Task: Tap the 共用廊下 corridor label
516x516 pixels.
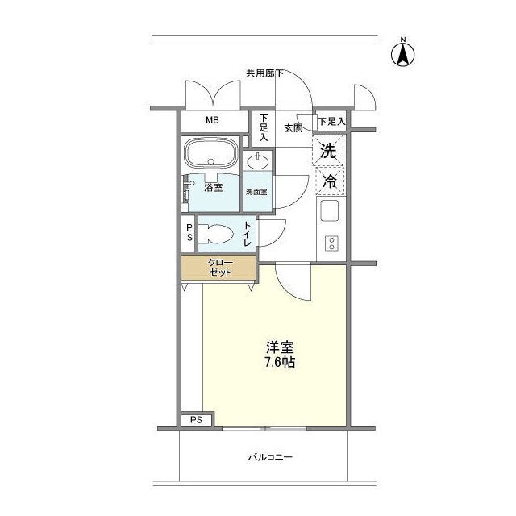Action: click(x=264, y=73)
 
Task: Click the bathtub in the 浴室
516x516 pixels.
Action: click(x=210, y=152)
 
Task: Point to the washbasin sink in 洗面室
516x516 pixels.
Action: click(x=258, y=161)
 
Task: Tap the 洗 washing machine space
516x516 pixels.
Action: click(x=328, y=151)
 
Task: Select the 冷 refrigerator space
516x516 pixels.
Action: click(x=330, y=181)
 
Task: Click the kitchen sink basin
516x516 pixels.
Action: click(x=330, y=210)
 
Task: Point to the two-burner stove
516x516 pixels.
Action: click(x=331, y=243)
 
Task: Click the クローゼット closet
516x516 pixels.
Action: click(x=218, y=268)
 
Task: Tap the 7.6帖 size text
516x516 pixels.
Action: click(x=280, y=362)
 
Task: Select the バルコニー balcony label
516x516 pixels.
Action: click(x=270, y=457)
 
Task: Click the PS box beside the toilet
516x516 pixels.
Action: click(x=189, y=233)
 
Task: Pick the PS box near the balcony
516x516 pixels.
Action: click(x=197, y=420)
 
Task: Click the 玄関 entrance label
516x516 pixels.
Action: click(x=293, y=128)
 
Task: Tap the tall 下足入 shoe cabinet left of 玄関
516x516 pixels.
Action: click(x=264, y=128)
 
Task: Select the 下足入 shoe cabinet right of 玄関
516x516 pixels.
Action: click(x=331, y=122)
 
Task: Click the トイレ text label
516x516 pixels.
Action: click(x=248, y=234)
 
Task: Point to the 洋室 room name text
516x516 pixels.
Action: click(x=280, y=347)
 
